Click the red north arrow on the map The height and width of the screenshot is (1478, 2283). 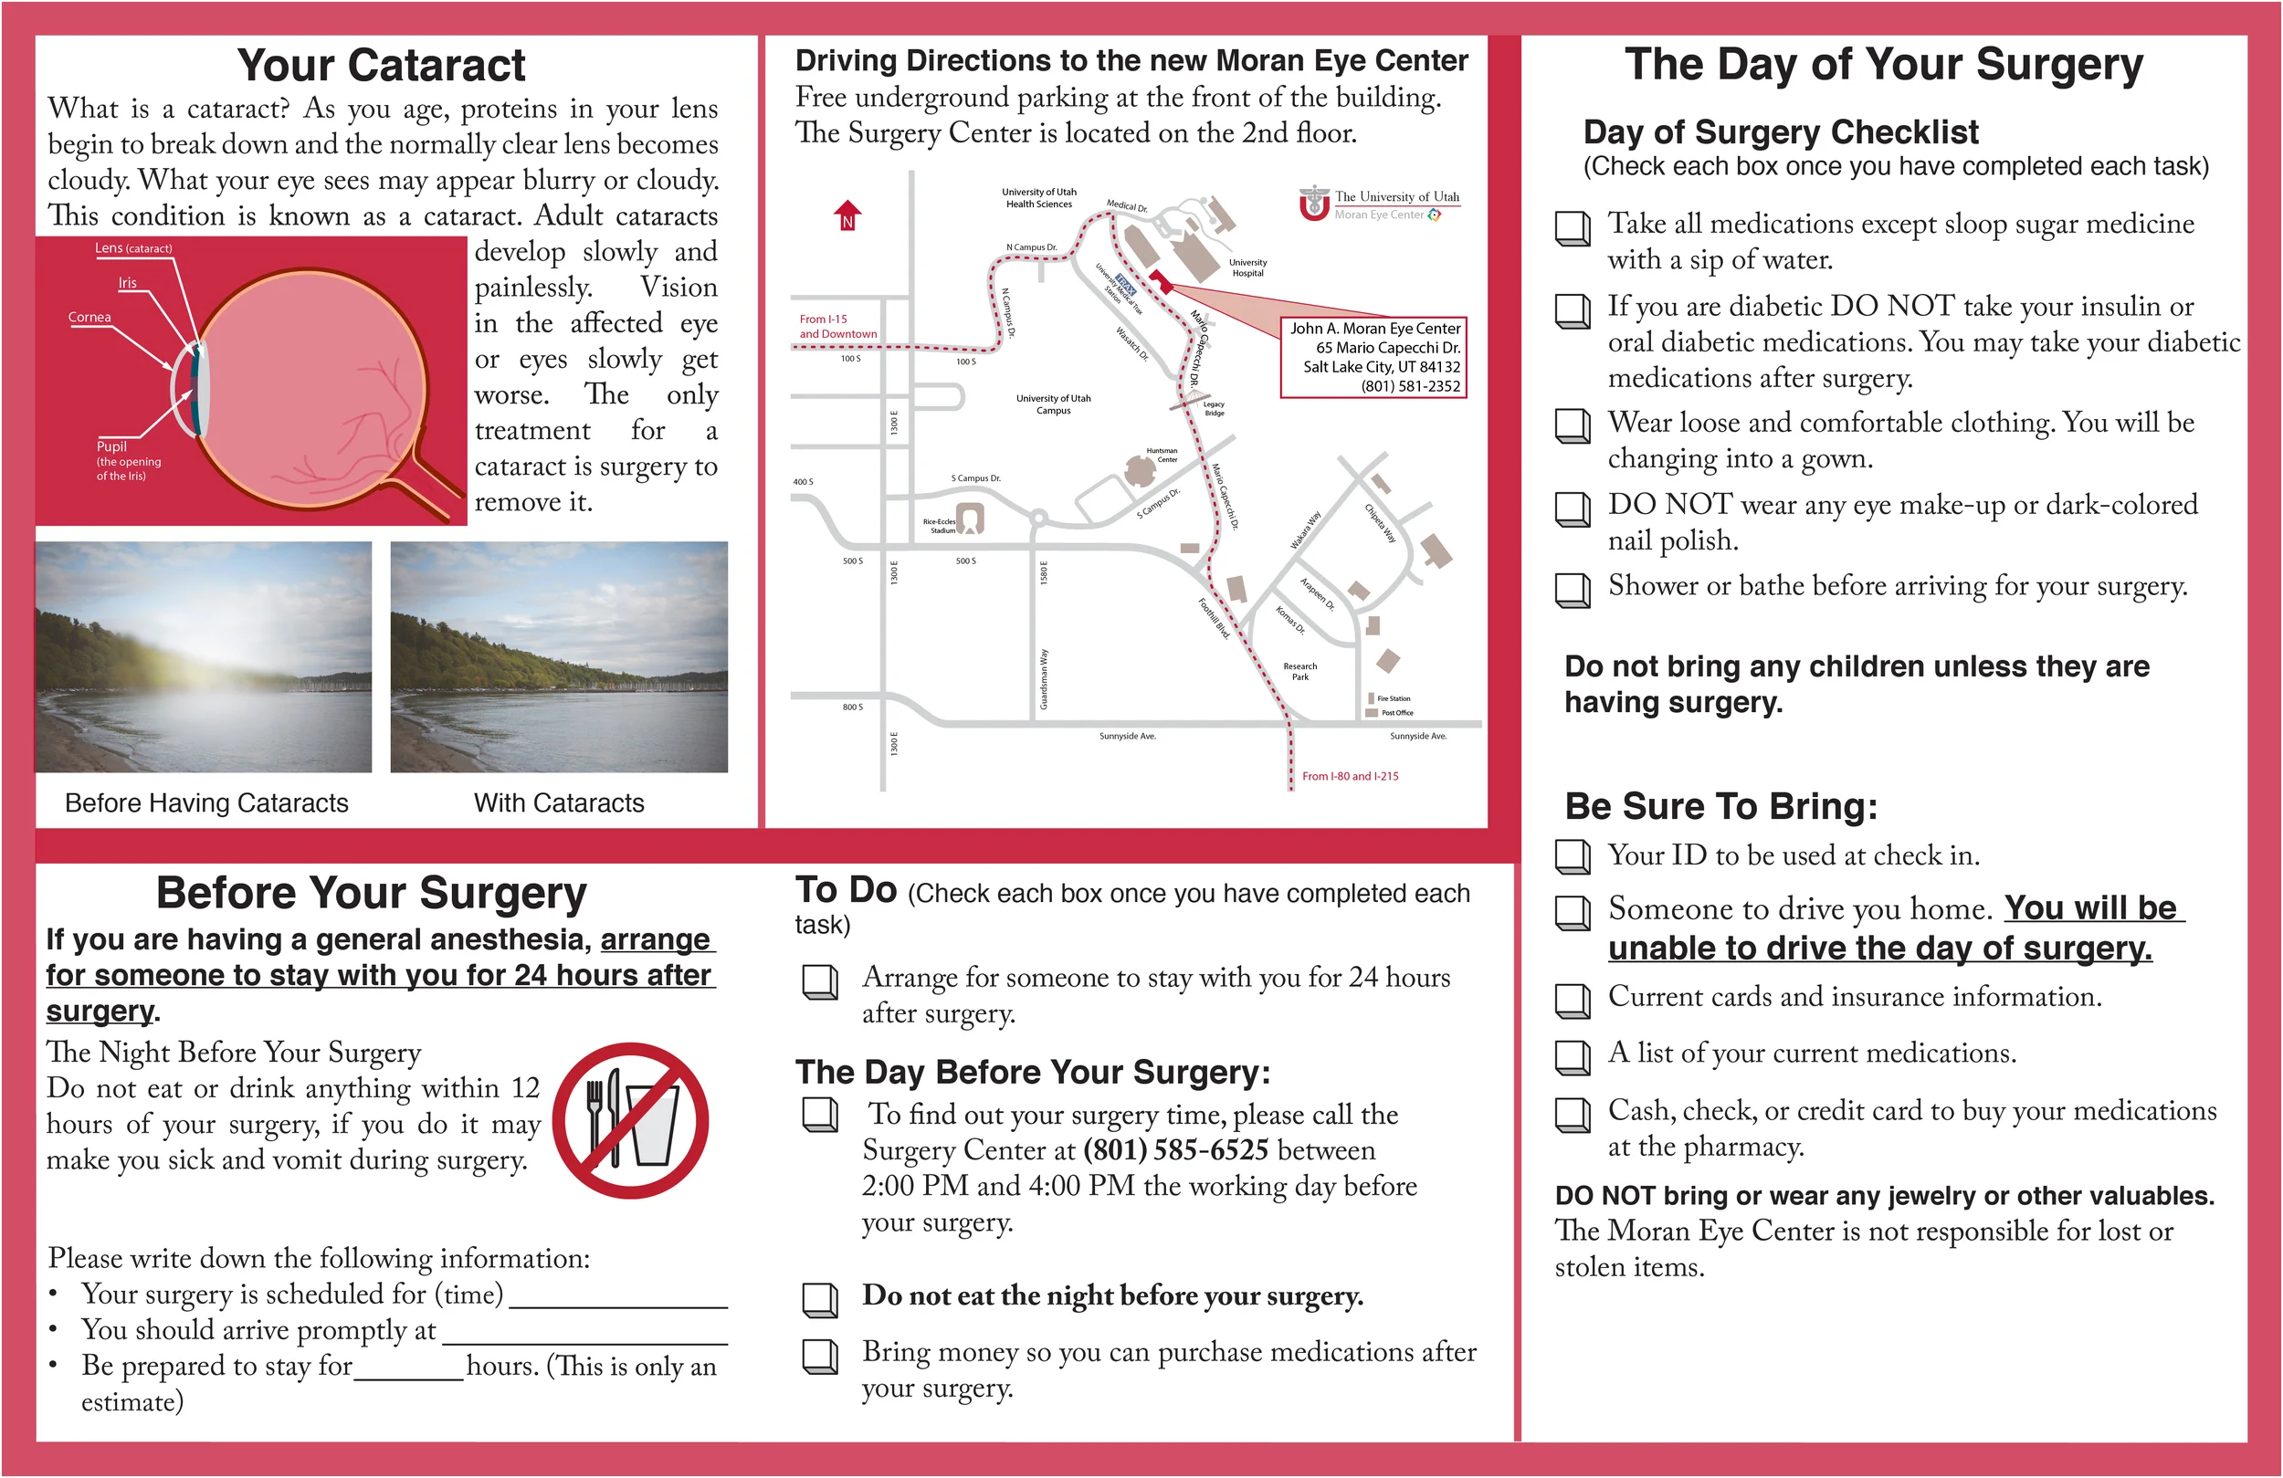click(x=847, y=215)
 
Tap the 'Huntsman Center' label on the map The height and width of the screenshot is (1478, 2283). click(x=1162, y=455)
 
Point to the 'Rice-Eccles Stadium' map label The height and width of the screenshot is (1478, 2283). click(x=939, y=526)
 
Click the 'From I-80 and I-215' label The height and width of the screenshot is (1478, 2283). click(x=1350, y=776)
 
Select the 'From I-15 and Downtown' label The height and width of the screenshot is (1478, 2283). click(x=837, y=326)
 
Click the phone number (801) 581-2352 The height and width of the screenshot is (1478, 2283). click(x=1410, y=385)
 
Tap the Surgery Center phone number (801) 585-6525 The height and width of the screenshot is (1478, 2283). click(x=1176, y=1149)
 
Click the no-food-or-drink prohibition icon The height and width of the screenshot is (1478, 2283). click(x=631, y=1120)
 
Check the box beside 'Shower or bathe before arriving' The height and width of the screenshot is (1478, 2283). click(x=1573, y=590)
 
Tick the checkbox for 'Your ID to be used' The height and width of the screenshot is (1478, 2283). click(x=1573, y=856)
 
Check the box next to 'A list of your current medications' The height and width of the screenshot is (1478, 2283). click(x=1573, y=1057)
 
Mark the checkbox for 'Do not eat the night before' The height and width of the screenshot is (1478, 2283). click(x=820, y=1300)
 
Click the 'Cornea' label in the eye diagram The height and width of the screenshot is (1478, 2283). click(x=89, y=317)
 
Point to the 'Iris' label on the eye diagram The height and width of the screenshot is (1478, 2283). click(x=128, y=283)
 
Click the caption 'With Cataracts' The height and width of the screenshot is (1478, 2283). click(x=559, y=802)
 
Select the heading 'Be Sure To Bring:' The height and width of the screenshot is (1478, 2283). click(x=1720, y=806)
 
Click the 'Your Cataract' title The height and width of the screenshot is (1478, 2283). click(x=381, y=65)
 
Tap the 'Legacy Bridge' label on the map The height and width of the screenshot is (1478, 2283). click(x=1215, y=409)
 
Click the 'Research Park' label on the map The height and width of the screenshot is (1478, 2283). click(x=1299, y=671)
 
